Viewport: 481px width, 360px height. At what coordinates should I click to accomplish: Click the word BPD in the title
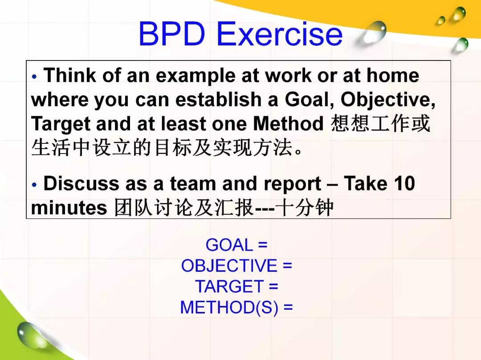(172, 33)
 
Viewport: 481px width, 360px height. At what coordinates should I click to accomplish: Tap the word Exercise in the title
(279, 33)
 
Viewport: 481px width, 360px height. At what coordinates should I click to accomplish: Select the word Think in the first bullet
(70, 75)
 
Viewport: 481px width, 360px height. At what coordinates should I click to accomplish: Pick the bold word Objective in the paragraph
(388, 100)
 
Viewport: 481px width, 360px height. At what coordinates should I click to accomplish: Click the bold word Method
(288, 123)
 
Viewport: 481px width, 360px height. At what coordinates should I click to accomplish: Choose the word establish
(218, 99)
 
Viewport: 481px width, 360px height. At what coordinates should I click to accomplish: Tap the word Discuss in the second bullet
(82, 183)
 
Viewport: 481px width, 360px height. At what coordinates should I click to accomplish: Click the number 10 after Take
(404, 183)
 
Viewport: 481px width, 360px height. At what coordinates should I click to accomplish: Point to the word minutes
(69, 208)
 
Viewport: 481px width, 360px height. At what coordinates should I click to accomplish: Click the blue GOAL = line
(236, 245)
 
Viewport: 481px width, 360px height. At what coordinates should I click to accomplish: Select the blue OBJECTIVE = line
(236, 266)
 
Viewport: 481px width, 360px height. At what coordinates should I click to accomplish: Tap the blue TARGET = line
(236, 287)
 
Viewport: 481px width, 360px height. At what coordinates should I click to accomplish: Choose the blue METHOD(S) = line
(236, 307)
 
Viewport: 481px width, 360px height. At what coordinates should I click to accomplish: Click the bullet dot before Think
(34, 76)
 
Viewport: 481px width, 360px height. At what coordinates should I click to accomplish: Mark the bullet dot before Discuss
(34, 184)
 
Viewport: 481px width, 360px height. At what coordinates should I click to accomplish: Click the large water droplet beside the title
(373, 33)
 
